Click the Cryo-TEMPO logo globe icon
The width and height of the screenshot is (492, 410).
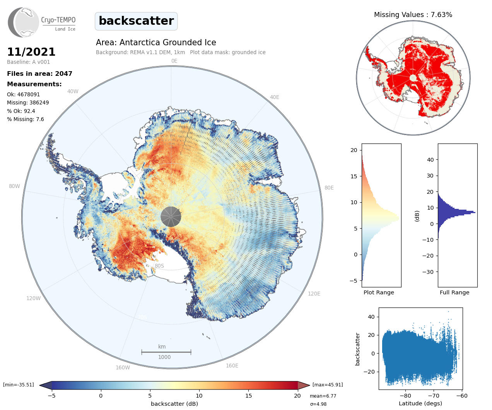24,22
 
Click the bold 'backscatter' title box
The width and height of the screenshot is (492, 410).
136,21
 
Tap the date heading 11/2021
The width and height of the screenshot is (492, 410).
31,52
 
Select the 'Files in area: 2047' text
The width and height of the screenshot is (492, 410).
39,73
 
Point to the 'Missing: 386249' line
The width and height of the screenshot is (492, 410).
28,102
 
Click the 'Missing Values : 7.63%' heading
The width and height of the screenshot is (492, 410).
413,15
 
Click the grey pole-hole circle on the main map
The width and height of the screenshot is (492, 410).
171,217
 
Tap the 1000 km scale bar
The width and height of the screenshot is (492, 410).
166,352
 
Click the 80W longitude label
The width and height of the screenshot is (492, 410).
14,186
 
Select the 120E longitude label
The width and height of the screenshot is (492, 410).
314,294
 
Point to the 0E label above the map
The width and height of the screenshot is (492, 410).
174,61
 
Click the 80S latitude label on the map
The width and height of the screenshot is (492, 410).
159,266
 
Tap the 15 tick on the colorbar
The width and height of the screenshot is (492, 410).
248,395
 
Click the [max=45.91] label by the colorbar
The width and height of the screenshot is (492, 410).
328,384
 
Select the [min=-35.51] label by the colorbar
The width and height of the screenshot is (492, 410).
19,384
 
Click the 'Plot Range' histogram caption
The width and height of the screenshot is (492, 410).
379,292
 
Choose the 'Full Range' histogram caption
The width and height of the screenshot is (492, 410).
454,292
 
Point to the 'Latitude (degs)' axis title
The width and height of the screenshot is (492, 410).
420,403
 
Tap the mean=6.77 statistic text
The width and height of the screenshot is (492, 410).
323,396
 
